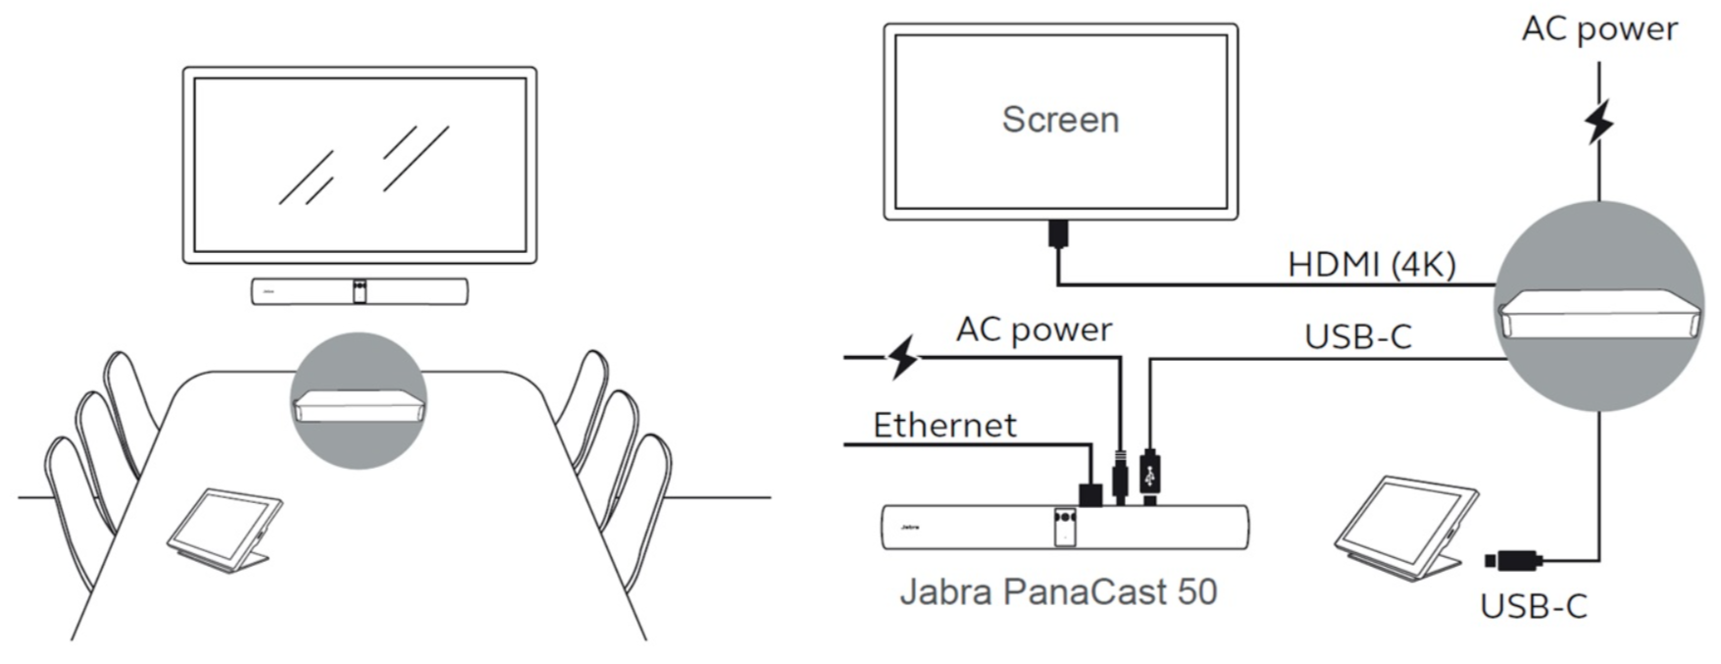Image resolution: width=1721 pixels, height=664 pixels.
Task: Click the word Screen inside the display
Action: pyautogui.click(x=1060, y=120)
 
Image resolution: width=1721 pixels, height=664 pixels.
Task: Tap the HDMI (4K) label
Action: pyautogui.click(x=1372, y=264)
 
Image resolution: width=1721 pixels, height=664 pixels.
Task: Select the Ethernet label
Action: pyautogui.click(x=944, y=426)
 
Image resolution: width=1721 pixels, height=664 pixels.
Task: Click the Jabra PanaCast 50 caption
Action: pyautogui.click(x=1058, y=591)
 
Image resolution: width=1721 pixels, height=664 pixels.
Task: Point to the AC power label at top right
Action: pyautogui.click(x=1599, y=29)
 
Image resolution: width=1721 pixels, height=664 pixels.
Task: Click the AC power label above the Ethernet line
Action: pyautogui.click(x=1034, y=330)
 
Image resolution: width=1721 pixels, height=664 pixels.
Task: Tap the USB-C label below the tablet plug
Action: pyautogui.click(x=1533, y=607)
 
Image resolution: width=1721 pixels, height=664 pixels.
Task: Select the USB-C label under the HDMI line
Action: pyautogui.click(x=1358, y=336)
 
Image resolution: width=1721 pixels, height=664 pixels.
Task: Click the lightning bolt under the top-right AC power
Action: pyautogui.click(x=1599, y=122)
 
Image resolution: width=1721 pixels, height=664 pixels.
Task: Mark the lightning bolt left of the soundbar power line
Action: pyautogui.click(x=902, y=357)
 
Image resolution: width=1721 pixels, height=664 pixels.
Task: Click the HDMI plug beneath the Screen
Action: pyautogui.click(x=1058, y=233)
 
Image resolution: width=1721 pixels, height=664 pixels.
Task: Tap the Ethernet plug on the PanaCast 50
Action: pyautogui.click(x=1089, y=492)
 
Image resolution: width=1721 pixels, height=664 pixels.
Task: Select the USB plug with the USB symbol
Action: pyautogui.click(x=1150, y=477)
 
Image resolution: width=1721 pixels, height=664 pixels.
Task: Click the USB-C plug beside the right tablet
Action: pyautogui.click(x=1513, y=561)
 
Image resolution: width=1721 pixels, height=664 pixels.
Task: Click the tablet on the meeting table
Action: pyautogui.click(x=224, y=530)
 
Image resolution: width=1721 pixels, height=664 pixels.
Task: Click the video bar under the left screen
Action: pyautogui.click(x=359, y=291)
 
